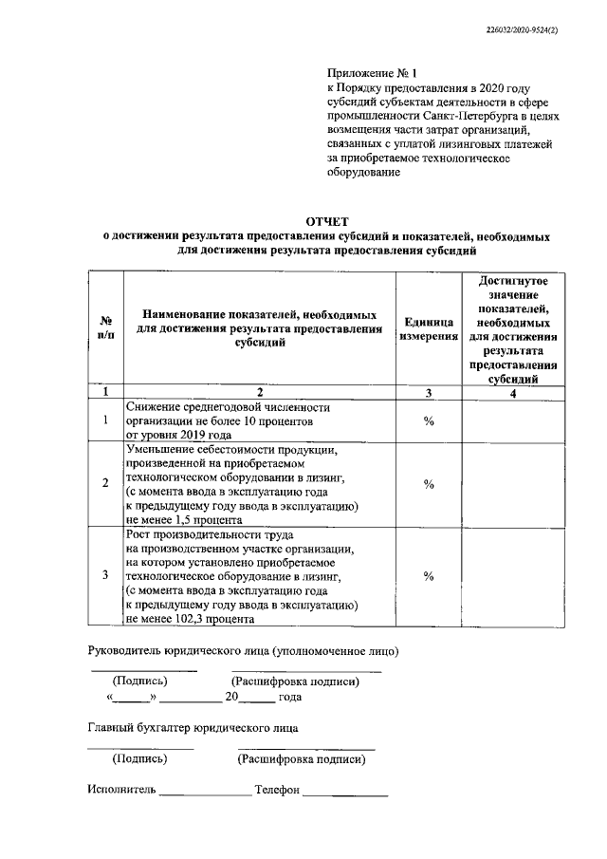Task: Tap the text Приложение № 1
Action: pyautogui.click(x=364, y=71)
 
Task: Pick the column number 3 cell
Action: pyautogui.click(x=428, y=391)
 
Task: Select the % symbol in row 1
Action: pyautogui.click(x=429, y=420)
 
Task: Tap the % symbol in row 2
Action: pyautogui.click(x=429, y=484)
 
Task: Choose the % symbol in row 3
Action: pyautogui.click(x=429, y=576)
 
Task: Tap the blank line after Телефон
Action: pyautogui.click(x=345, y=792)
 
